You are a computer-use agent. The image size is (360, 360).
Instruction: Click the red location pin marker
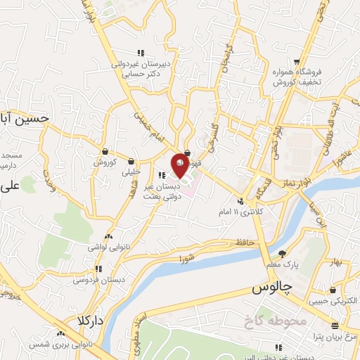tap(179, 164)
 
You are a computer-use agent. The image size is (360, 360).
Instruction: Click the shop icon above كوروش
tap(105, 151)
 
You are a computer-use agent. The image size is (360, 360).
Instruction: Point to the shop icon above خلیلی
tap(131, 161)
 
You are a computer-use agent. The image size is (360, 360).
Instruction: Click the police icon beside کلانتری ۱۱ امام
tap(240, 201)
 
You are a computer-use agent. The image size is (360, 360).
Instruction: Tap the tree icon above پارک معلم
tap(283, 253)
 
